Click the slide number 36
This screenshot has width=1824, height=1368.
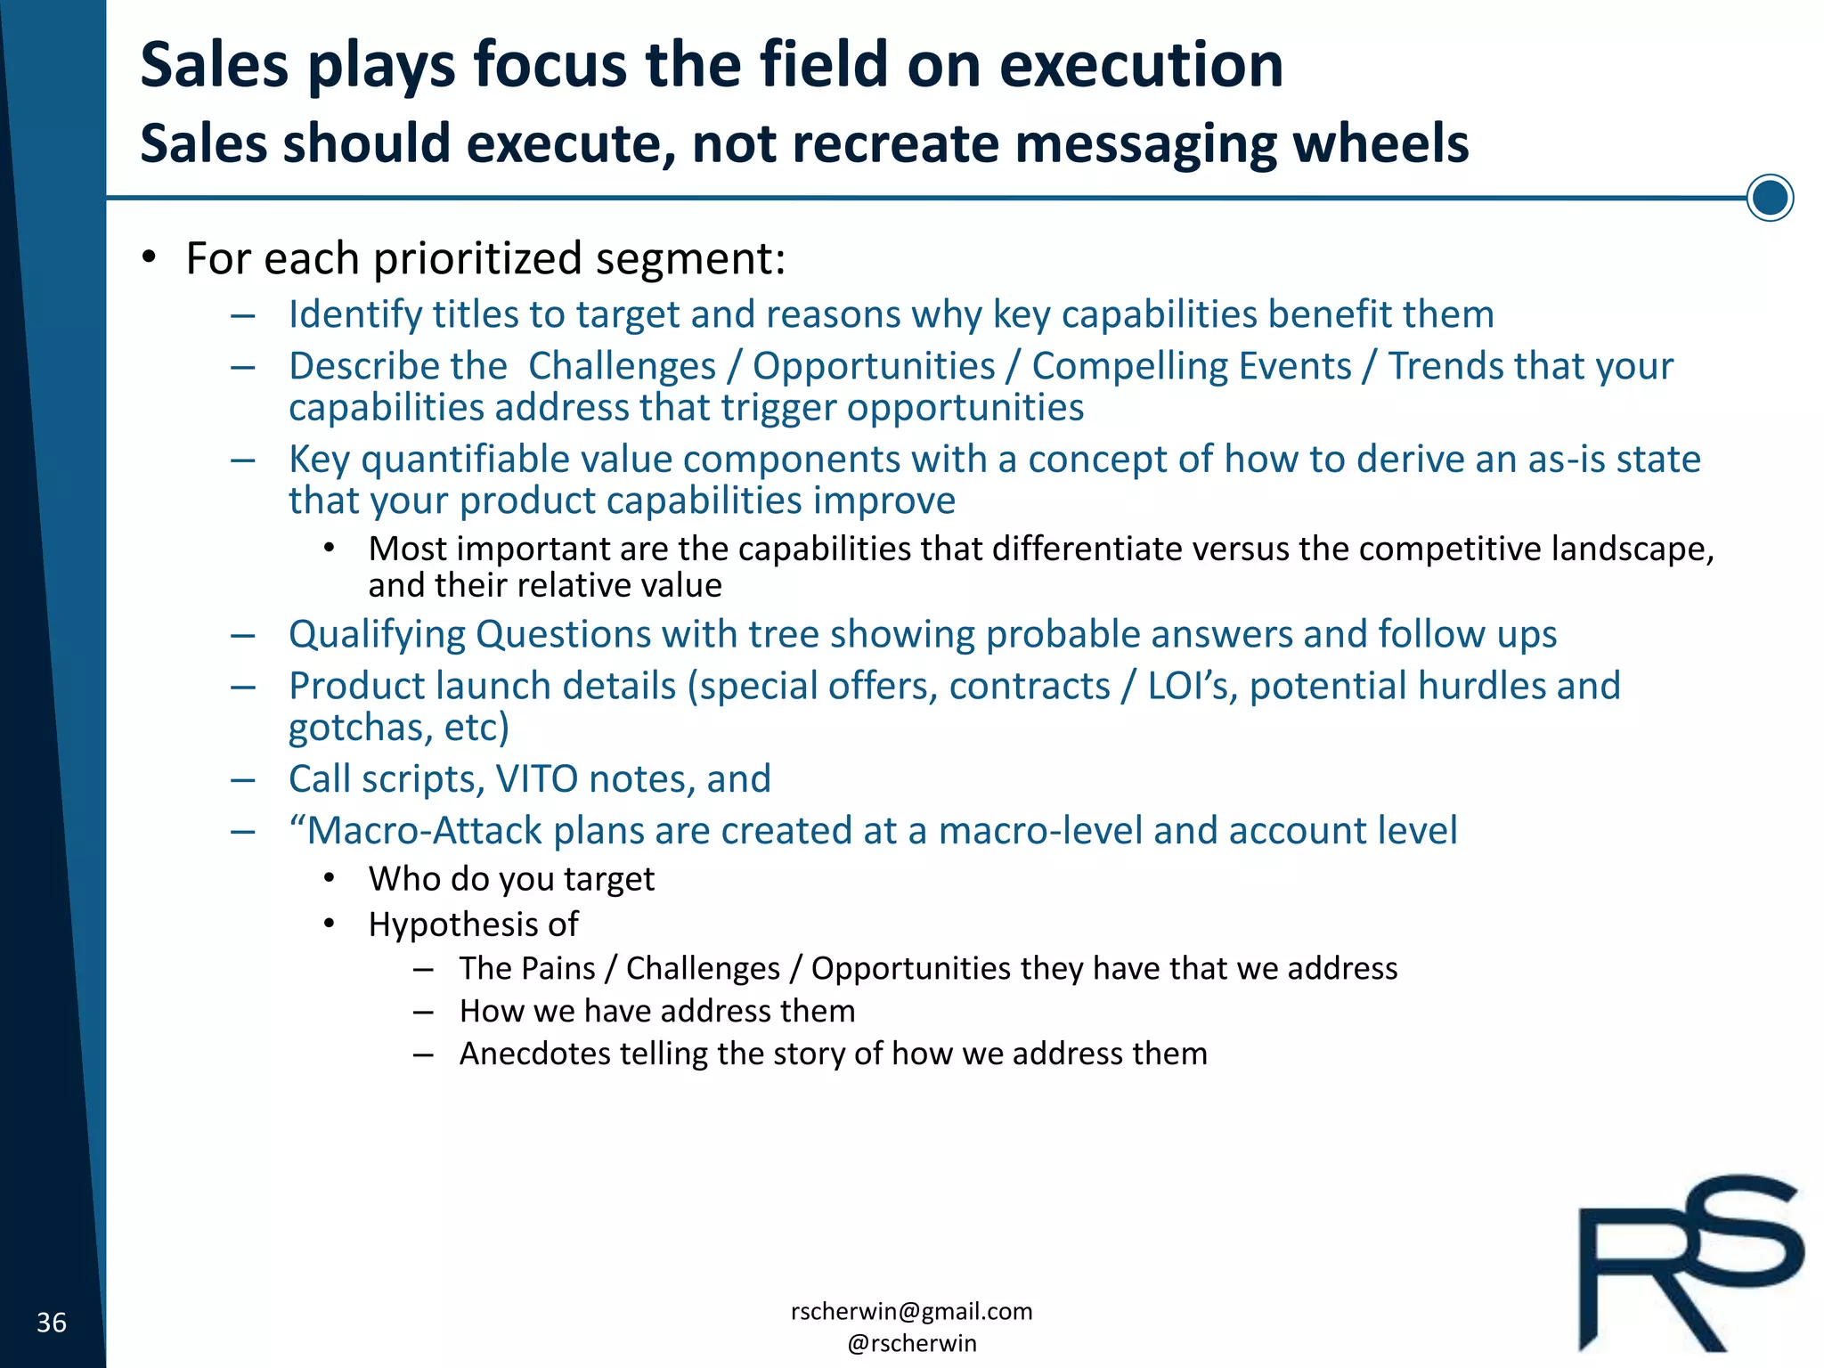(x=52, y=1323)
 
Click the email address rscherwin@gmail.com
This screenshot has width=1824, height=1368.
(x=911, y=1311)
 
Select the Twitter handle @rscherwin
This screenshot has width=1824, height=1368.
(x=911, y=1343)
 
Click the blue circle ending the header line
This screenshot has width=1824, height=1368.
(x=1769, y=198)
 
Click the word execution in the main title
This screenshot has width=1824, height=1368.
(x=1141, y=66)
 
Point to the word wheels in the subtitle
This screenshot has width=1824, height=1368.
(x=1380, y=144)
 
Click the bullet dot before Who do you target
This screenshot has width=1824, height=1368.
(x=330, y=878)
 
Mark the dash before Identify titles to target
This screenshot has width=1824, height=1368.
(x=242, y=315)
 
